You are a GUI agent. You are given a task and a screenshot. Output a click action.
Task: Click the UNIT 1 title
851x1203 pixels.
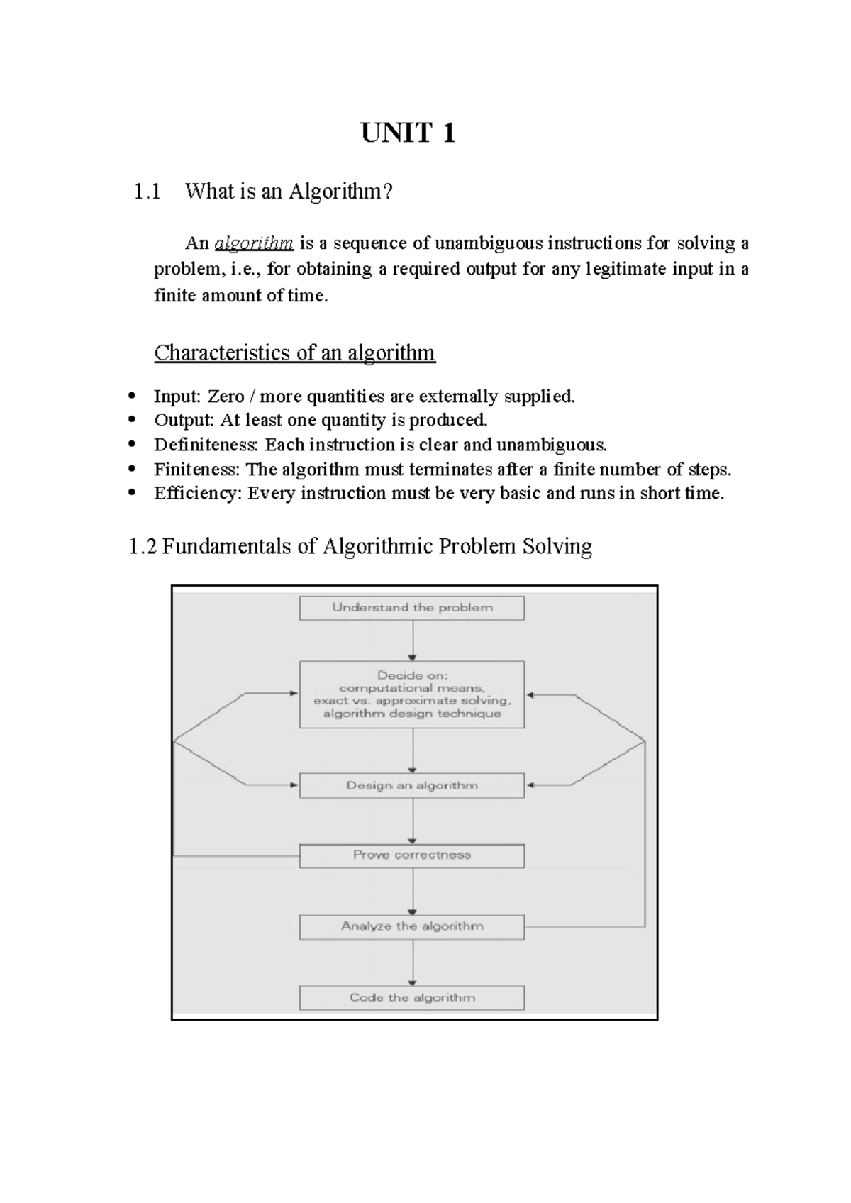pos(408,133)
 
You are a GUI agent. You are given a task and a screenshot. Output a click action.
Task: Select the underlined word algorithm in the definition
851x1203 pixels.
pos(254,243)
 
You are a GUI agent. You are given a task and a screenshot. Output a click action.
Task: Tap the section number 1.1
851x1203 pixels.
pos(147,192)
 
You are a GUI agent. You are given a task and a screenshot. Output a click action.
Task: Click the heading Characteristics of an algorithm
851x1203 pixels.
pos(294,353)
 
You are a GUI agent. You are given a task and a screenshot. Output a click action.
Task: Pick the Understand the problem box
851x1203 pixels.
pos(412,608)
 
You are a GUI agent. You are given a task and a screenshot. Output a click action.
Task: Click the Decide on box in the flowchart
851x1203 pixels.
pos(412,694)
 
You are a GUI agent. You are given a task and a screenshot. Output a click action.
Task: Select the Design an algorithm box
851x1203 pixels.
pos(412,786)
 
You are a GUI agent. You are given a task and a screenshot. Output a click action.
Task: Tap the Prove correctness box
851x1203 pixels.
pos(412,855)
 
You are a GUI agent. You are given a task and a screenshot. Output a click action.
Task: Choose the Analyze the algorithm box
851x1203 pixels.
pos(412,926)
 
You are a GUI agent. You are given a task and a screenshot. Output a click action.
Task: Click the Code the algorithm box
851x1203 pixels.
pos(412,998)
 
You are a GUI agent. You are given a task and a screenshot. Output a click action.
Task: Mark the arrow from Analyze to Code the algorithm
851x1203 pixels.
pos(413,963)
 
